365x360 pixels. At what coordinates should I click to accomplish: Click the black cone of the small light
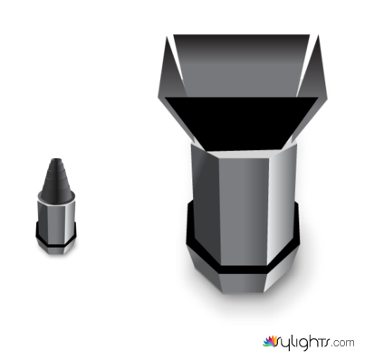point(57,179)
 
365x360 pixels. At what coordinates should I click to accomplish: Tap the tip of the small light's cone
point(56,158)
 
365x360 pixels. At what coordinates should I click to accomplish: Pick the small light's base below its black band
point(56,249)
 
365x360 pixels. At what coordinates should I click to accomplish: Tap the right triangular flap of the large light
point(313,75)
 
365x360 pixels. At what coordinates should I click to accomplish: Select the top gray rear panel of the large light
point(242,65)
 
